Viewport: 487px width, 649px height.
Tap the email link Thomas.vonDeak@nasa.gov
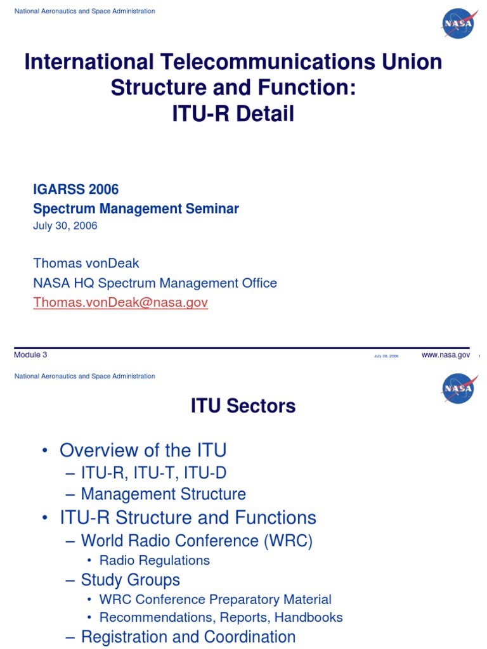pyautogui.click(x=120, y=303)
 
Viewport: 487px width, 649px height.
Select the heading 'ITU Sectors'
pyautogui.click(x=243, y=406)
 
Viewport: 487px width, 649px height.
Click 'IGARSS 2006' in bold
pyautogui.click(x=75, y=189)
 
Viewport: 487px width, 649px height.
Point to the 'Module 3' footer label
pyautogui.click(x=30, y=355)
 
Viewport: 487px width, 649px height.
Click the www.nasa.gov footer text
pyautogui.click(x=445, y=355)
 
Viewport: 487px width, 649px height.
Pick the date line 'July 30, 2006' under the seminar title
pyautogui.click(x=65, y=226)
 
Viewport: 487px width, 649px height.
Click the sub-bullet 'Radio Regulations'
pyautogui.click(x=154, y=560)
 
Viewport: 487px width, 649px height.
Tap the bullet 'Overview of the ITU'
pyautogui.click(x=143, y=451)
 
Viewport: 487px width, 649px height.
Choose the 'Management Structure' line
pyautogui.click(x=163, y=494)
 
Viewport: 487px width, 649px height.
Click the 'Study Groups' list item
pyautogui.click(x=130, y=580)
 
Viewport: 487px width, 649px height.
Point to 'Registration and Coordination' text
pyautogui.click(x=188, y=637)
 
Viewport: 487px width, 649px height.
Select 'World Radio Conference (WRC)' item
pyautogui.click(x=197, y=541)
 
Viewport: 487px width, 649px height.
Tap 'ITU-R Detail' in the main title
pyautogui.click(x=233, y=114)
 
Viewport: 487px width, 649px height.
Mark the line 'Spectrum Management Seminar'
pyautogui.click(x=136, y=209)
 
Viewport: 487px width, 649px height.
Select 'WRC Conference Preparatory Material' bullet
pyautogui.click(x=215, y=600)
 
